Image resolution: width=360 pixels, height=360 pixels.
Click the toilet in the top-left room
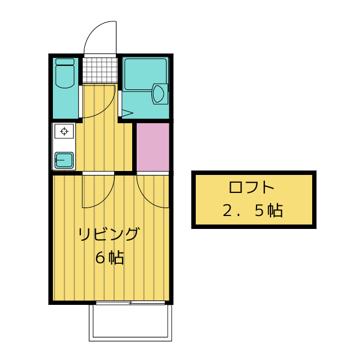[65, 76]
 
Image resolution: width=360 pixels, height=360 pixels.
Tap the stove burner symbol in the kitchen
[64, 132]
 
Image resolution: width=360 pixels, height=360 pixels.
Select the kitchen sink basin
[64, 160]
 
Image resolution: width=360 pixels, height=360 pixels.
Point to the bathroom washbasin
[160, 93]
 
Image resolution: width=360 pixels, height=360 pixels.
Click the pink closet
[153, 146]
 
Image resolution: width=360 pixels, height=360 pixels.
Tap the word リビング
[108, 234]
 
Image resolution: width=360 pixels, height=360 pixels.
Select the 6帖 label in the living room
[109, 258]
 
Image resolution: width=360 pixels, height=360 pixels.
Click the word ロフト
[252, 187]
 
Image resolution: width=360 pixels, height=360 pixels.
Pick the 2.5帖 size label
[252, 211]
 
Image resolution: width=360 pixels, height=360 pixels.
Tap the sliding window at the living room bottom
[130, 303]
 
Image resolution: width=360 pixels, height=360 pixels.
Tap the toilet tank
[65, 62]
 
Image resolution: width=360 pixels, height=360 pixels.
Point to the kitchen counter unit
[64, 146]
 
